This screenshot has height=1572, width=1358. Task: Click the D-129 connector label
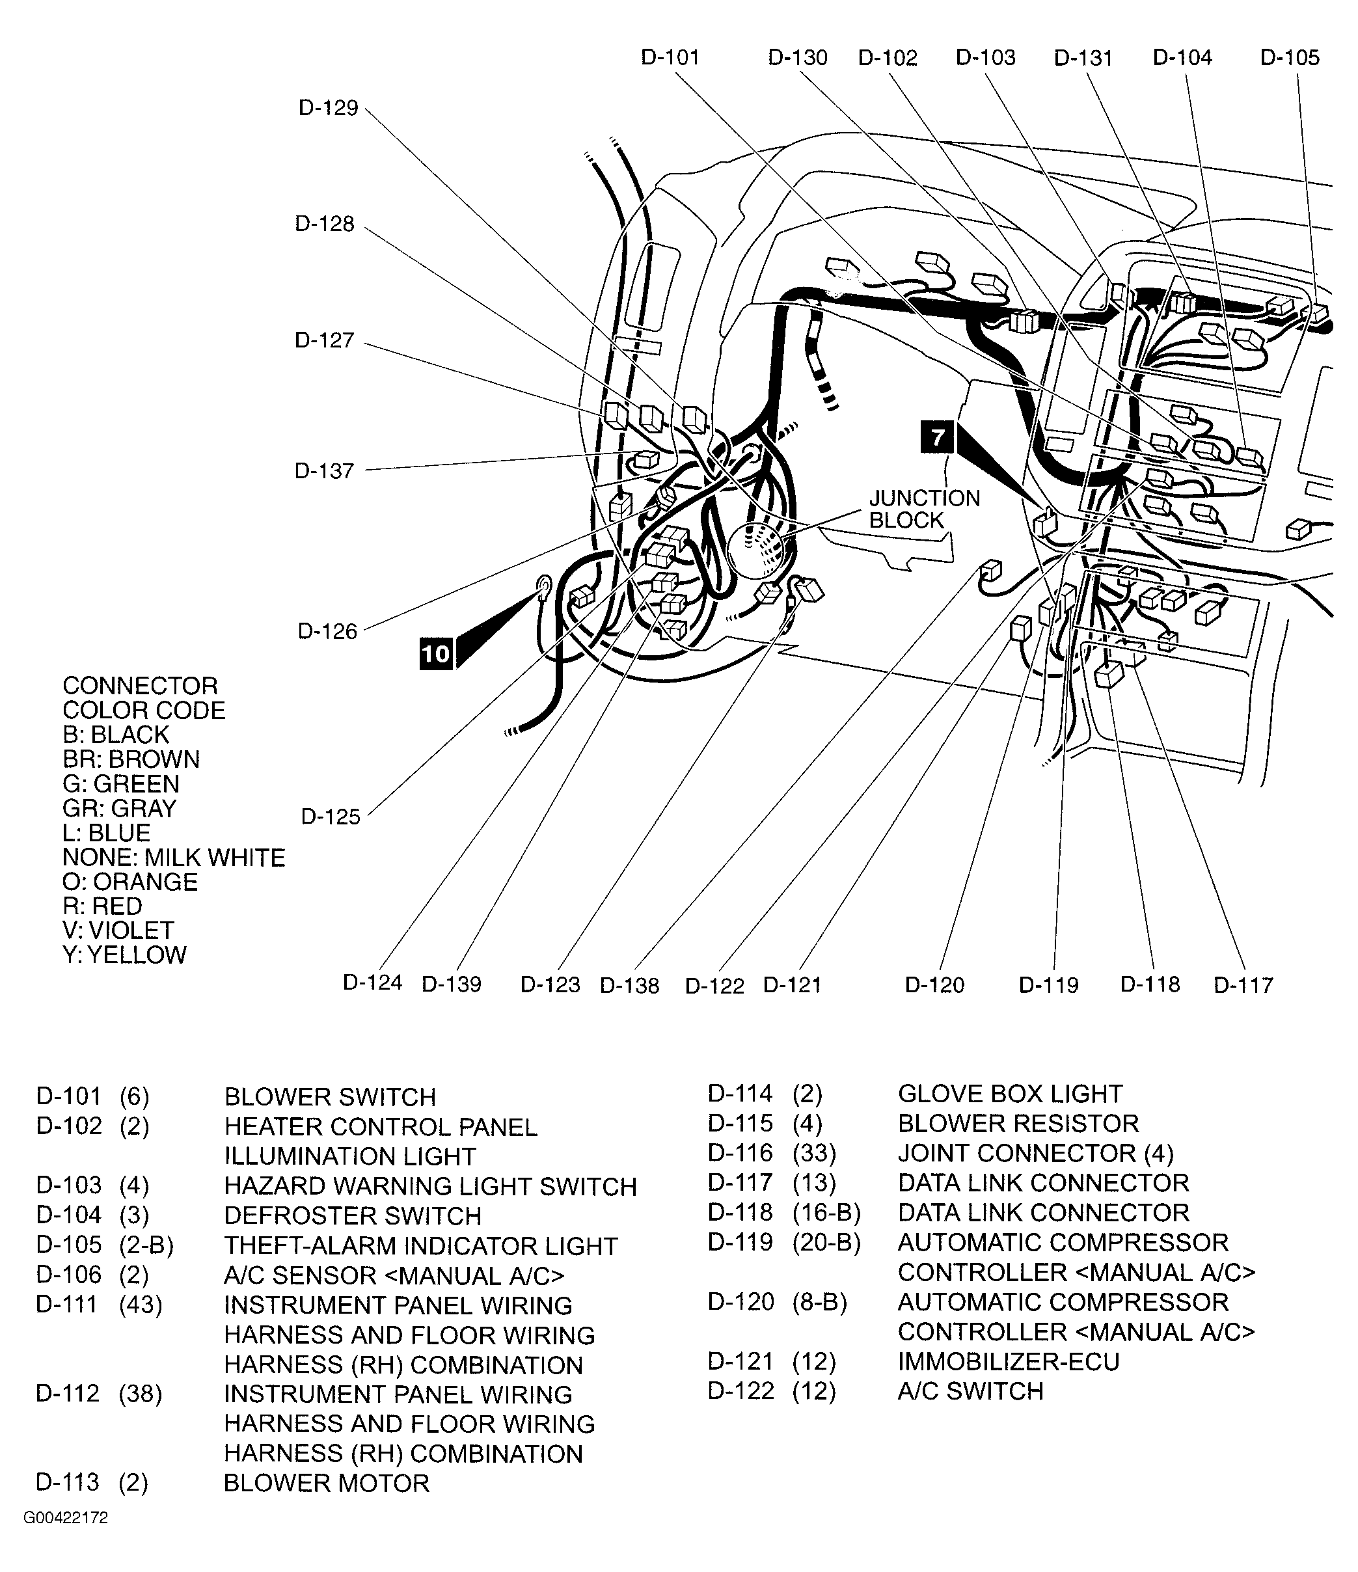click(x=328, y=108)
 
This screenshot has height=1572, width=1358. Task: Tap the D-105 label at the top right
click(x=1290, y=58)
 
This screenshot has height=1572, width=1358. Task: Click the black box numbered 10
click(x=435, y=654)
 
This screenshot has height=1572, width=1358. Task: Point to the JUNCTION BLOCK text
click(x=924, y=509)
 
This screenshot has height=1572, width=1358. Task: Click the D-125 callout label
click(x=331, y=817)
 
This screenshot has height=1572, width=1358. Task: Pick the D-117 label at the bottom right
click(x=1243, y=984)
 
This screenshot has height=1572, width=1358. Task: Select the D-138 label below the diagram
click(x=629, y=986)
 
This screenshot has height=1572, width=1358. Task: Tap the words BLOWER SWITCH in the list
click(x=330, y=1097)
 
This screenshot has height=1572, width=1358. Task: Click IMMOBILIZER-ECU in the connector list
click(x=1009, y=1362)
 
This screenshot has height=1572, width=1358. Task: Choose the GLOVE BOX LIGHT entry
click(x=1009, y=1093)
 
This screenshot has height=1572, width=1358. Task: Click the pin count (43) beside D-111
click(x=141, y=1305)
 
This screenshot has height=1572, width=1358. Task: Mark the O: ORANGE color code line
click(x=129, y=882)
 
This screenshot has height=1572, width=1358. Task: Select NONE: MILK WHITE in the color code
click(x=174, y=858)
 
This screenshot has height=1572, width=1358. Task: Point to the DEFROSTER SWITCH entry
click(x=352, y=1216)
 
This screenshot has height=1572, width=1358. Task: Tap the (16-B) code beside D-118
click(x=826, y=1212)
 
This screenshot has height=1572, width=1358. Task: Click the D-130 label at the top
click(x=797, y=58)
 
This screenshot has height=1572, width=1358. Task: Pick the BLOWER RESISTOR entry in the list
click(x=1018, y=1123)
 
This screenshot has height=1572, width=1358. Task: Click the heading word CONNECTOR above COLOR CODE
click(x=141, y=686)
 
